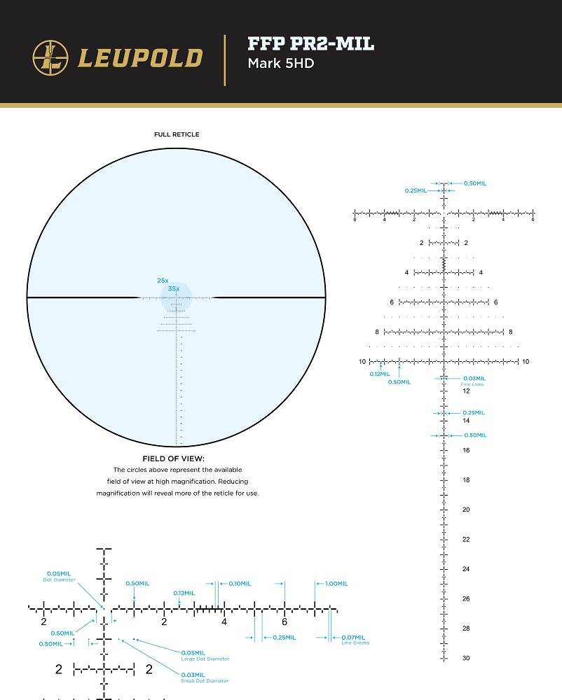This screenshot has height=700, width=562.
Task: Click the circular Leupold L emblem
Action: [x=50, y=57]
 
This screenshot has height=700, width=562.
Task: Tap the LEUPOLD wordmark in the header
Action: [x=140, y=58]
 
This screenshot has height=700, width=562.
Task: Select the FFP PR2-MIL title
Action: [x=310, y=45]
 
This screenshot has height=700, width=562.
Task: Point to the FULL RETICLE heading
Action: [x=177, y=134]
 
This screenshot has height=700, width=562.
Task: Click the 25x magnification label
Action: [x=163, y=280]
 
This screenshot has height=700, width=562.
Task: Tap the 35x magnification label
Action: [x=173, y=288]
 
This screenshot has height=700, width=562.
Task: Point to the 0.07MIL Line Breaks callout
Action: [x=353, y=638]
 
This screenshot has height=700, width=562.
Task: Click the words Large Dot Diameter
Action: [x=205, y=659]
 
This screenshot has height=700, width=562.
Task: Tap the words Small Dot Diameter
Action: [x=205, y=680]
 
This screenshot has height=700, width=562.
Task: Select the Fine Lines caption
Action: [x=472, y=384]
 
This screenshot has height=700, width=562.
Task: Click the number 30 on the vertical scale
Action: [x=466, y=658]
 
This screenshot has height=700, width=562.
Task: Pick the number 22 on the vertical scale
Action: [x=466, y=540]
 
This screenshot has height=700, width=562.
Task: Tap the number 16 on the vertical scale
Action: [x=466, y=451]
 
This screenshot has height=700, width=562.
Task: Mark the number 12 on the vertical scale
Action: [x=466, y=391]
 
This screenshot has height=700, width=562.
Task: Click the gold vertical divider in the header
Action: [x=224, y=59]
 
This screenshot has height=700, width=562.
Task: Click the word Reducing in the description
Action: [x=233, y=482]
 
